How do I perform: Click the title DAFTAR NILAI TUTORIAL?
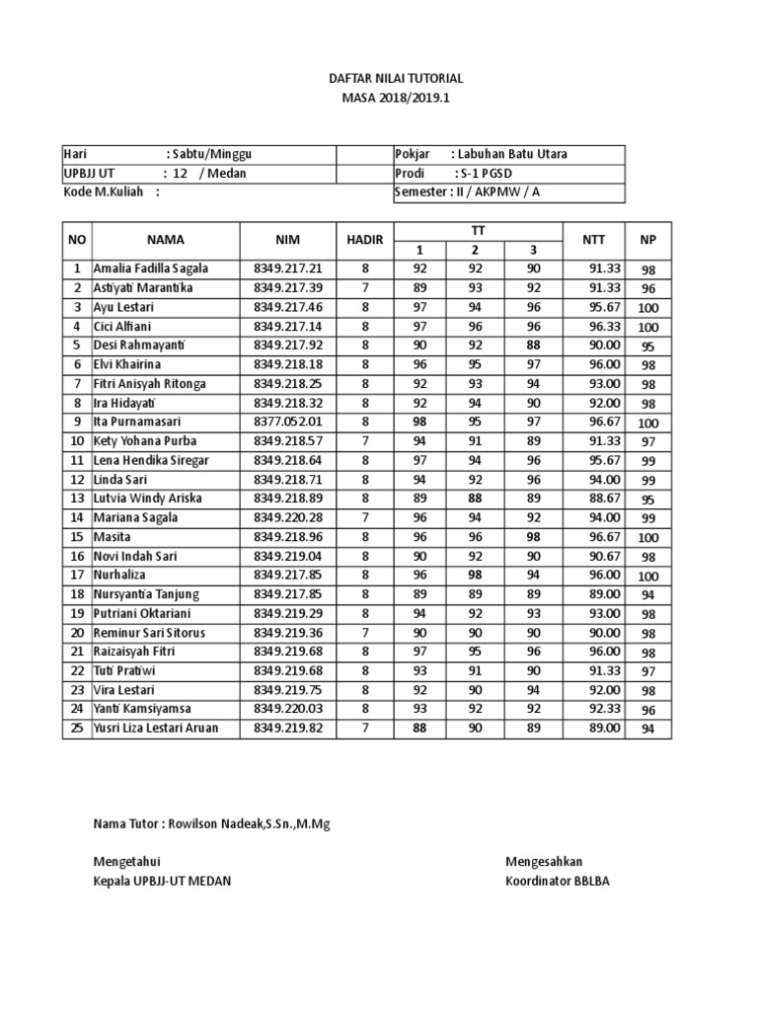tap(395, 78)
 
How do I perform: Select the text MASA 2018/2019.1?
tap(395, 98)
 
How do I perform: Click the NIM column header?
tap(289, 240)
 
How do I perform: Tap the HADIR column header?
tap(364, 240)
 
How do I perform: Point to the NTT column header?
tap(593, 240)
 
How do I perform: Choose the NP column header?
tap(648, 240)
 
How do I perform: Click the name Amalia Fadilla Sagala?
tap(151, 269)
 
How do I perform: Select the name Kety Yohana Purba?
tap(146, 441)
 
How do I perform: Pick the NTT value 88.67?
tap(604, 499)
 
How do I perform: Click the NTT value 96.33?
tap(604, 326)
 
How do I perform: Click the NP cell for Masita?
tap(648, 538)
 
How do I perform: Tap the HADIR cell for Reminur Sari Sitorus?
tap(364, 633)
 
